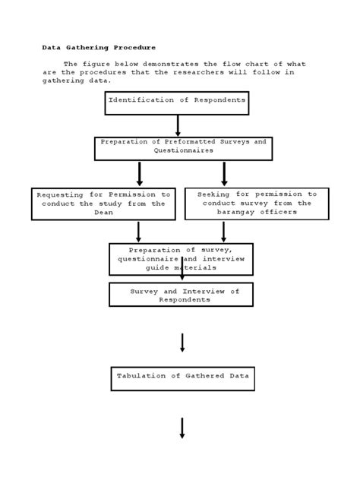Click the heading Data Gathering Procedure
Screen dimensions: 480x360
point(98,47)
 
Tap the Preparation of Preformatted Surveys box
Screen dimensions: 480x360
point(183,148)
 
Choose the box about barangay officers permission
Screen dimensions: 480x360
point(256,204)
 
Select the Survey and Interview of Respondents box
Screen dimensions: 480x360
point(180,295)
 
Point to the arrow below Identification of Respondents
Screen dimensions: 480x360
point(178,125)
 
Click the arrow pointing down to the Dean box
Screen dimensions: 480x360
point(140,173)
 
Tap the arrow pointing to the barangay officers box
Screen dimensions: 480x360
point(224,173)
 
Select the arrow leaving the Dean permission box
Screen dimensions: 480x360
point(138,232)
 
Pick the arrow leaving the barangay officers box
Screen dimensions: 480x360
point(223,232)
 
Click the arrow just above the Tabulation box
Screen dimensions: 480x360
point(182,343)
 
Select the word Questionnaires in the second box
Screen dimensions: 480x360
point(183,150)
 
